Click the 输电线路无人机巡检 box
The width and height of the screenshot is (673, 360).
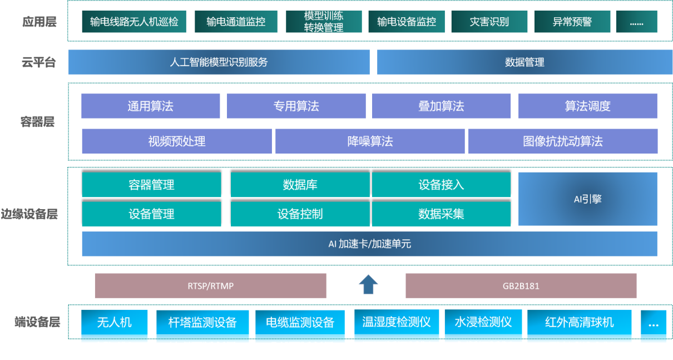coord(134,22)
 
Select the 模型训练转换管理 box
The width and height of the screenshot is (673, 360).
coord(324,22)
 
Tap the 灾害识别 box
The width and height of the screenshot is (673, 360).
coord(489,22)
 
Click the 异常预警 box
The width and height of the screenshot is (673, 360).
coord(572,22)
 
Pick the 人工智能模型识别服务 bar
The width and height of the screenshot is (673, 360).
coord(219,62)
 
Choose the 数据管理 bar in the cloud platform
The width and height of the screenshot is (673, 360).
coord(524,62)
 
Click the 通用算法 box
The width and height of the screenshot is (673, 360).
coord(150,106)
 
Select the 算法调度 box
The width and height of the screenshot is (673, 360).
coord(587,106)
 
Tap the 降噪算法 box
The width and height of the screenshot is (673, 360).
coord(370,141)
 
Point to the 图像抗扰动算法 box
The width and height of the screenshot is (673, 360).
coord(562,141)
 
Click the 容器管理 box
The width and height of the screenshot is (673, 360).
coord(151,185)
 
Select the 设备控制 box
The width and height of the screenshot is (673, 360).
coord(300,214)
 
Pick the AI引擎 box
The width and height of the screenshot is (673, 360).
coord(587,199)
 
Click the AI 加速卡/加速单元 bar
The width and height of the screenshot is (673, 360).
coord(369,244)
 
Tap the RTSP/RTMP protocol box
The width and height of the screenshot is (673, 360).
coord(210,286)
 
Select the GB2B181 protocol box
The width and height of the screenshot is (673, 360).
coord(521,286)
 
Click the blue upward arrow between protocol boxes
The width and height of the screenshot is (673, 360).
coord(368,284)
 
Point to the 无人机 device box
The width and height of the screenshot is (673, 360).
coord(115,323)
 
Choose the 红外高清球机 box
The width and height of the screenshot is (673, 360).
coord(579,323)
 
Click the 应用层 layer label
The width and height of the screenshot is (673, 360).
coord(39,22)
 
